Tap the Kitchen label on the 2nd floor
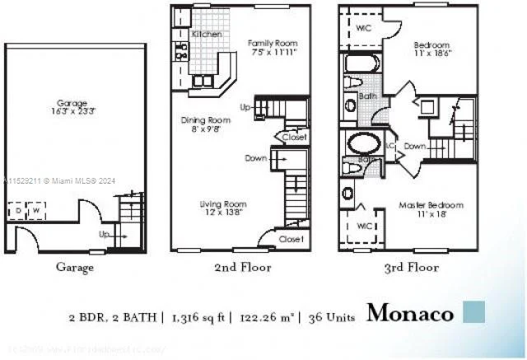pos(207,35)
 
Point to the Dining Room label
pos(205,120)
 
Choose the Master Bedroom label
pos(431,204)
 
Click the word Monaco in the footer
pos(409,313)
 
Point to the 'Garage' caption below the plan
pos(74,267)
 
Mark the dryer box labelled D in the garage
pos(19,212)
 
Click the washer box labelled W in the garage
pos(36,212)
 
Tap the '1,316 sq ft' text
pos(197,316)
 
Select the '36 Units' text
pos(332,316)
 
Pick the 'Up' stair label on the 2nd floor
pos(245,107)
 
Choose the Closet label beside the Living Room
pos(290,239)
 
